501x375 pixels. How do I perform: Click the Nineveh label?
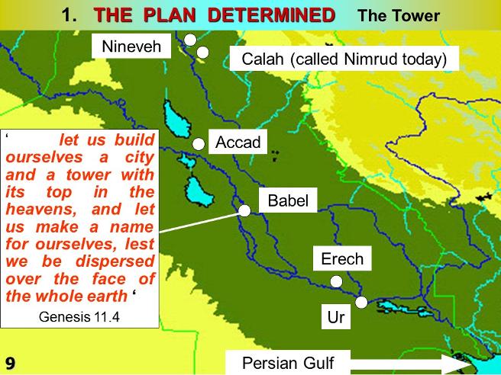[x=131, y=46]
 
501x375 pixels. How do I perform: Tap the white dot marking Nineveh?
[x=190, y=40]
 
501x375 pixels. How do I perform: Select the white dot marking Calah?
[x=202, y=53]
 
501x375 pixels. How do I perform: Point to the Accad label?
[x=238, y=142]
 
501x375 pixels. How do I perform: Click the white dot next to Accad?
[x=199, y=144]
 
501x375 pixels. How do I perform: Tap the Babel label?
[x=288, y=200]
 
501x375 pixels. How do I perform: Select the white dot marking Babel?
[x=244, y=211]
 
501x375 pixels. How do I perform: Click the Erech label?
[x=342, y=258]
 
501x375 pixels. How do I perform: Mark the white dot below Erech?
[x=336, y=281]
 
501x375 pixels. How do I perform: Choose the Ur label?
[x=336, y=317]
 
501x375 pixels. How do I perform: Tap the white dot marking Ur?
[x=361, y=303]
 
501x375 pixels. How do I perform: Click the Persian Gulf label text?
[x=288, y=363]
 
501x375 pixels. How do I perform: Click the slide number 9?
[x=10, y=364]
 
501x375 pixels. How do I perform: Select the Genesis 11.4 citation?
[x=79, y=317]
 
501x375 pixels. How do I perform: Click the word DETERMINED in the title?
[x=271, y=15]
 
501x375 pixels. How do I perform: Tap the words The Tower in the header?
[x=399, y=15]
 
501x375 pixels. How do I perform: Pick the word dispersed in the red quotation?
[x=115, y=261]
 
